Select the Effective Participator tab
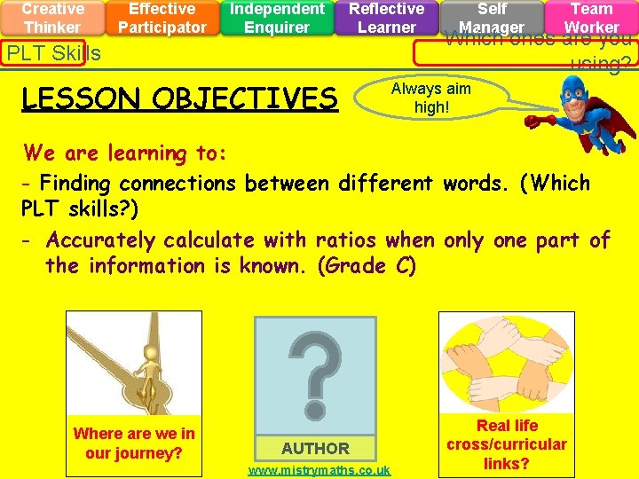[162, 18]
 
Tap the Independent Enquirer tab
[277, 18]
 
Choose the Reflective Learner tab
[386, 18]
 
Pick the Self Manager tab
[492, 18]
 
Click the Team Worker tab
[591, 18]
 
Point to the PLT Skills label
[53, 53]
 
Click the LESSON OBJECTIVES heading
[179, 98]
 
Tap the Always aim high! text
[431, 98]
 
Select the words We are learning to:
[125, 153]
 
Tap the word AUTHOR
[315, 448]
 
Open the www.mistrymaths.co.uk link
[319, 470]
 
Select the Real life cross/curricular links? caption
[507, 444]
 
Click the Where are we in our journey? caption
[134, 443]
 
